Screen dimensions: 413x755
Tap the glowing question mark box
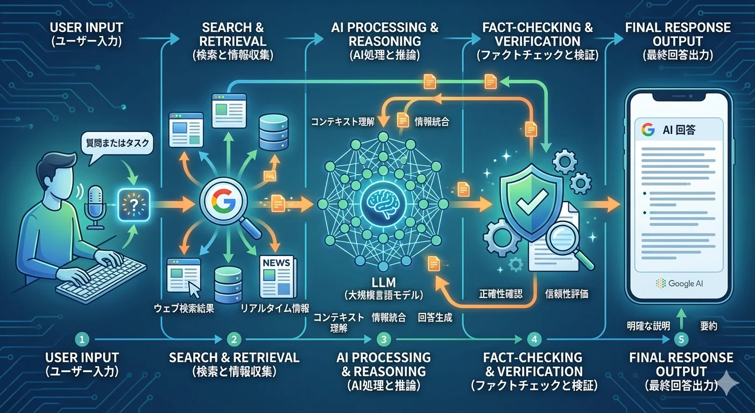coord(132,204)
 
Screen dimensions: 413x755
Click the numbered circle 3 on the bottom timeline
coord(383,339)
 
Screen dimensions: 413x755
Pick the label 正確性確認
coord(500,294)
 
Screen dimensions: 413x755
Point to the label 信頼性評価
coord(567,294)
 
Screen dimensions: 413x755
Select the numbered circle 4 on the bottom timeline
coord(533,339)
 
